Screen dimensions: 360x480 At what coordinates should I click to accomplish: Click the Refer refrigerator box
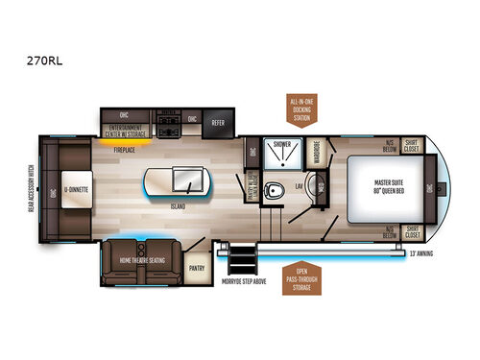pyautogui.click(x=219, y=121)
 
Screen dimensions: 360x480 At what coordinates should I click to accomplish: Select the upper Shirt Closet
pyautogui.click(x=414, y=145)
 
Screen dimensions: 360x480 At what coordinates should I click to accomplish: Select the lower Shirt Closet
pyautogui.click(x=414, y=231)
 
